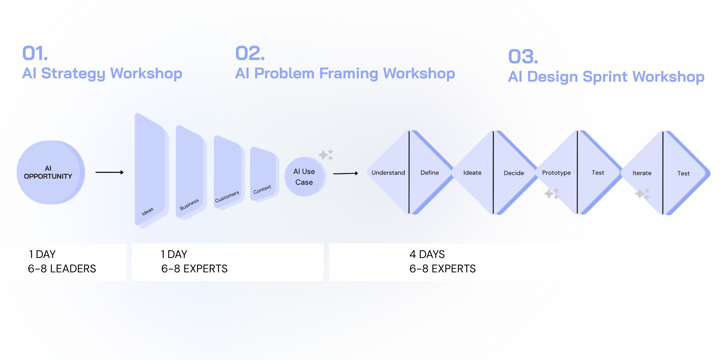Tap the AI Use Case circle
[x=304, y=177]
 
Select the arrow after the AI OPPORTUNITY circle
[x=109, y=172]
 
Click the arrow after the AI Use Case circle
[x=345, y=173]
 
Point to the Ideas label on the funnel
[x=147, y=211]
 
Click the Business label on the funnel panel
[x=189, y=204]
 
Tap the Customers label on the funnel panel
[x=227, y=197]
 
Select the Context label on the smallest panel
[x=262, y=189]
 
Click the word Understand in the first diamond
[x=388, y=173]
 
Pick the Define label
[x=429, y=173]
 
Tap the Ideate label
[x=472, y=173]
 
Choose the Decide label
[x=514, y=173]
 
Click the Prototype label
[x=556, y=173]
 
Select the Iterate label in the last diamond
[x=642, y=173]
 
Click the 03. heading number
[x=523, y=57]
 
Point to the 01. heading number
[x=35, y=53]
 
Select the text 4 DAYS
[x=427, y=254]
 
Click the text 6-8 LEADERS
[x=62, y=269]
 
